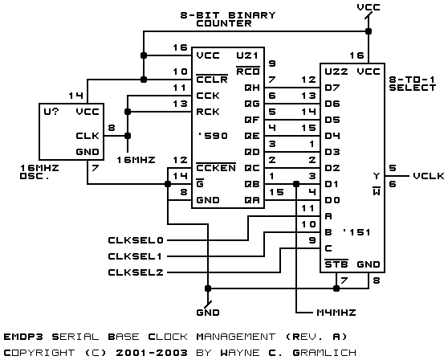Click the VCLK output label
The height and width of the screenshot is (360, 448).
point(429,176)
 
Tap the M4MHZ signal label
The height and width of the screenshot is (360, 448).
point(336,313)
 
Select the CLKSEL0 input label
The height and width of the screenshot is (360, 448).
point(136,240)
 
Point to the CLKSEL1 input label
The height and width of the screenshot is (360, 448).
point(135,256)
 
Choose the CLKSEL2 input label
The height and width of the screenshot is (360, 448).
point(136,272)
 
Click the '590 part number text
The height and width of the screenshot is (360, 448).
point(213,136)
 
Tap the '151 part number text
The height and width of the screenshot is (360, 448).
point(356,232)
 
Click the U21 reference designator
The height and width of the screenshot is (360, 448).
point(247,55)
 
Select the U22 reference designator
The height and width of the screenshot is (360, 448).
point(336,72)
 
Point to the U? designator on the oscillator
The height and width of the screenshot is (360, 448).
point(51,111)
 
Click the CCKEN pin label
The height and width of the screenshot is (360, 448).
point(216,168)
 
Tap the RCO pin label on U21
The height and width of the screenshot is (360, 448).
point(248,72)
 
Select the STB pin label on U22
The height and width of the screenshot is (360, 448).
point(336,264)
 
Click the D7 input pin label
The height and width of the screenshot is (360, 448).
point(332,88)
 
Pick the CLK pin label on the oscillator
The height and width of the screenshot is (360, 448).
point(88,136)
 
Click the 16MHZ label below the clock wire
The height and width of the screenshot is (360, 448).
point(136,160)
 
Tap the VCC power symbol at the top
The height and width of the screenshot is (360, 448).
point(369,7)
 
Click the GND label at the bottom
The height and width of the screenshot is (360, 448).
point(208,313)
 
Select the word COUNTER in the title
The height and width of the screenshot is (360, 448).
point(224,23)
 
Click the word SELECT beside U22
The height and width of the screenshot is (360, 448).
point(413,88)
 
